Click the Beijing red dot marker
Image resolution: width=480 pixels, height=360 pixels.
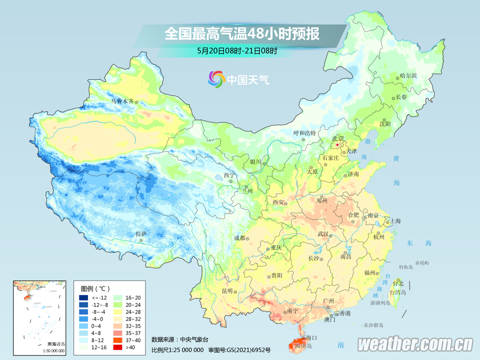coord(337,145)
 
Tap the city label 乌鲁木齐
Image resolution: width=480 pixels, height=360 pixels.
coord(122,101)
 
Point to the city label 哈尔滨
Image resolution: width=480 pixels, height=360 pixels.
coord(408,76)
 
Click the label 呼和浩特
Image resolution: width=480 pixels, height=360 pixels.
coord(304,133)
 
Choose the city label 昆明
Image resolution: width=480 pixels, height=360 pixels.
coord(227,291)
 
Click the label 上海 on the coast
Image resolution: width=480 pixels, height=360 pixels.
coord(395,220)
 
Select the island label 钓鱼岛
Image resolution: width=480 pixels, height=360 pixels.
coord(405,267)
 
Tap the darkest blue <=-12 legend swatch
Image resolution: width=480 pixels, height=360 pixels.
coord(83,297)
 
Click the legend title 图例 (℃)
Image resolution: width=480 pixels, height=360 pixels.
coord(95,288)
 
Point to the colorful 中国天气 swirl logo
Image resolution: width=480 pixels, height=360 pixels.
coord(216,79)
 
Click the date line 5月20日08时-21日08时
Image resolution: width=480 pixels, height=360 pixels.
coord(237,50)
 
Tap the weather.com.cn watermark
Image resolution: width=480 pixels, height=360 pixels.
coord(415,344)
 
